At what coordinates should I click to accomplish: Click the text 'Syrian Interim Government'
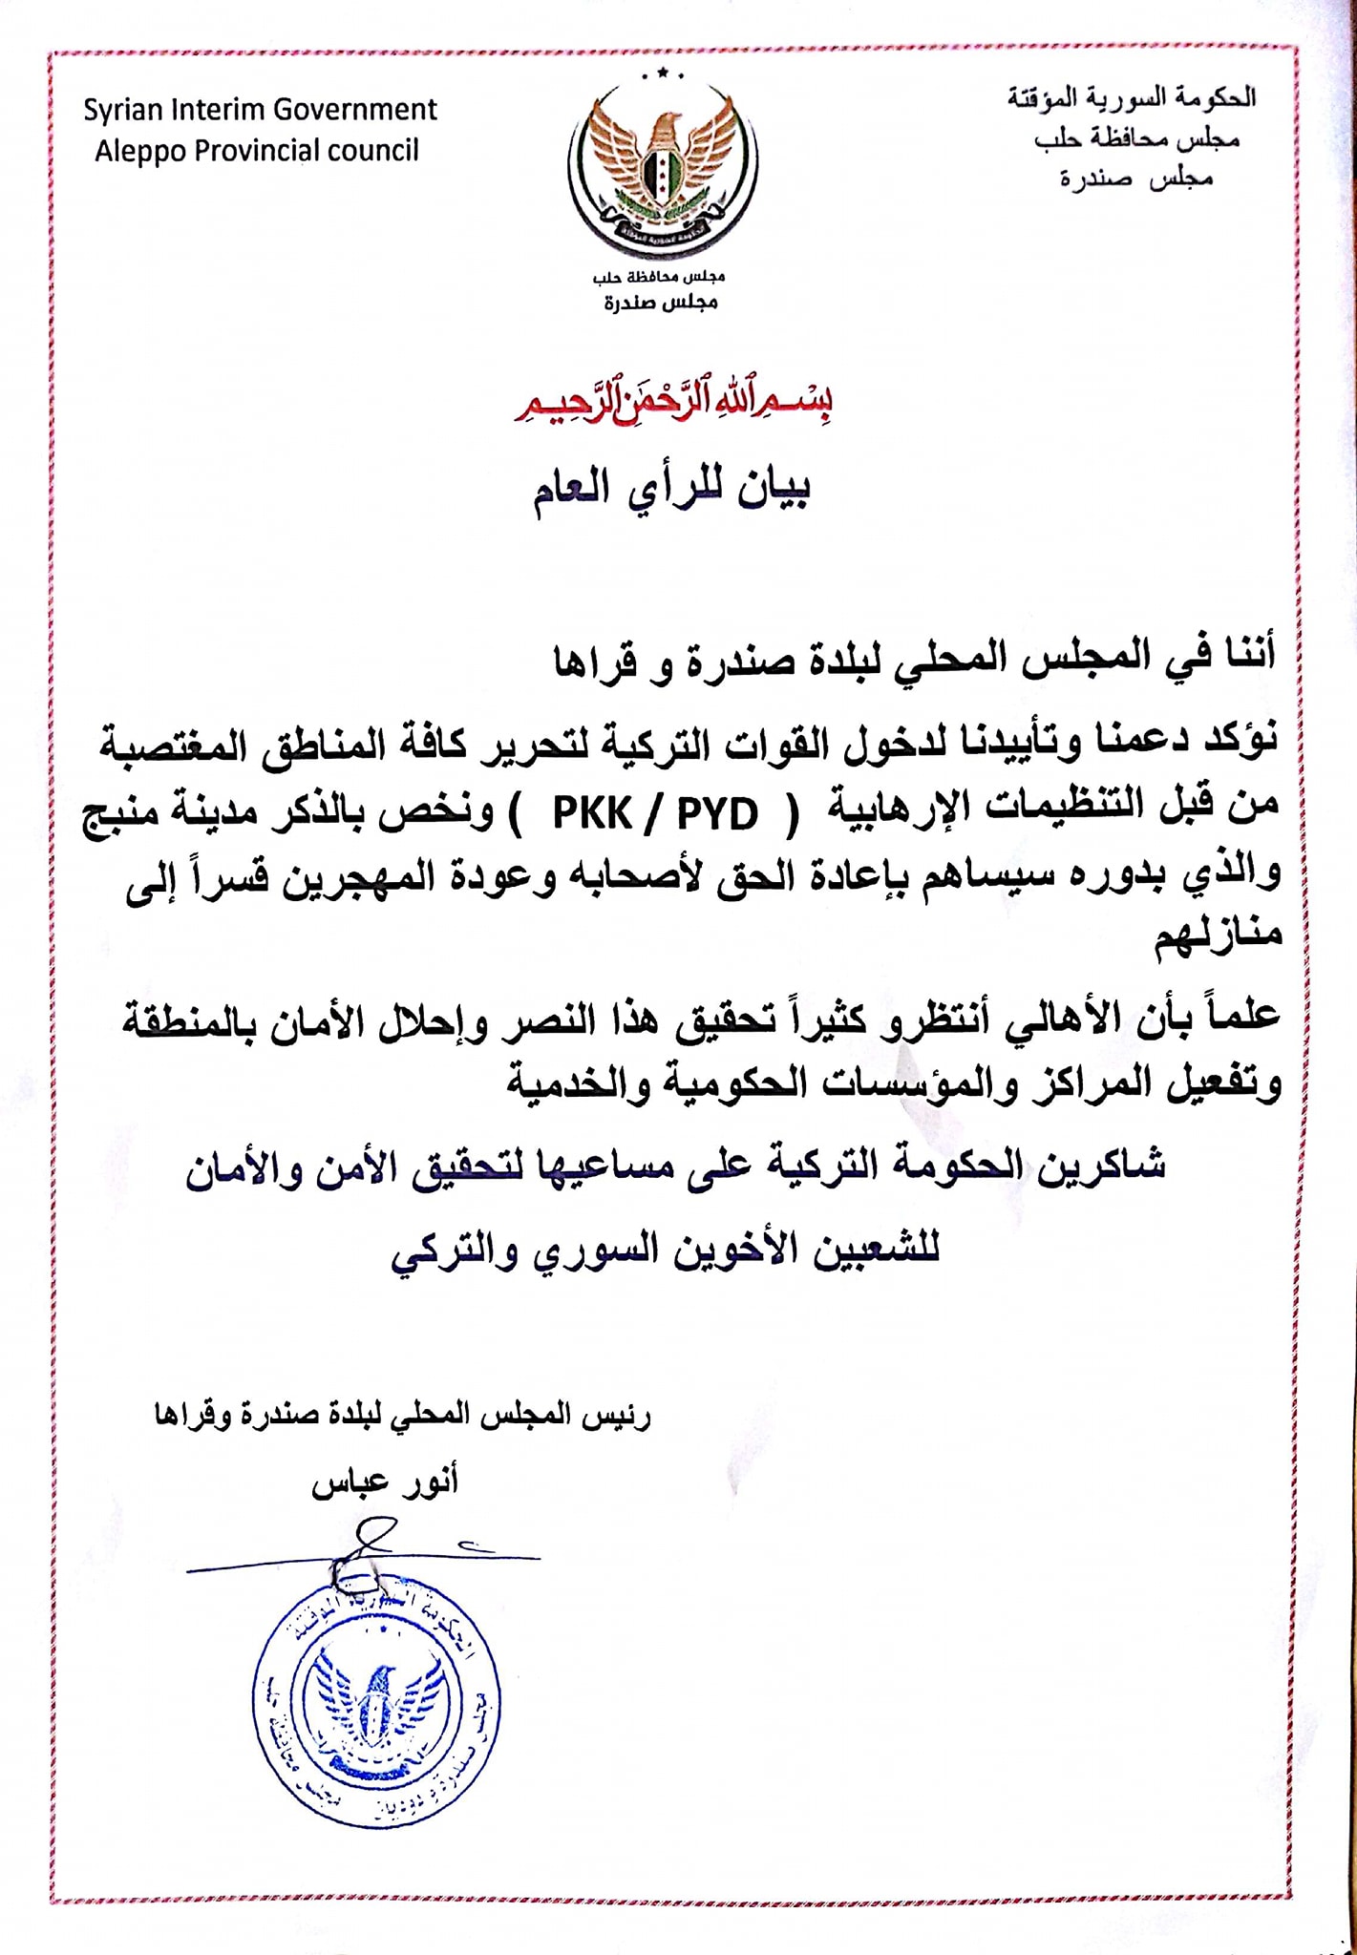coord(260,110)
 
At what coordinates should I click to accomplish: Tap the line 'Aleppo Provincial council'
coord(256,151)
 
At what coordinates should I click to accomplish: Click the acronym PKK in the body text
coord(592,813)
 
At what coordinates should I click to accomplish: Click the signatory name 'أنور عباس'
coord(385,1482)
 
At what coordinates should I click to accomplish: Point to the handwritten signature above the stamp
coord(368,1552)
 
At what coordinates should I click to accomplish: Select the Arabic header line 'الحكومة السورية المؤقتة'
coord(1132,97)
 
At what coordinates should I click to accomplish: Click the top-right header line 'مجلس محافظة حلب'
coord(1136,139)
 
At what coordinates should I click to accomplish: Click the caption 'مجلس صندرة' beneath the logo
coord(660,303)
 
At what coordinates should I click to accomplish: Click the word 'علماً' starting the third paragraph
coord(1237,1015)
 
